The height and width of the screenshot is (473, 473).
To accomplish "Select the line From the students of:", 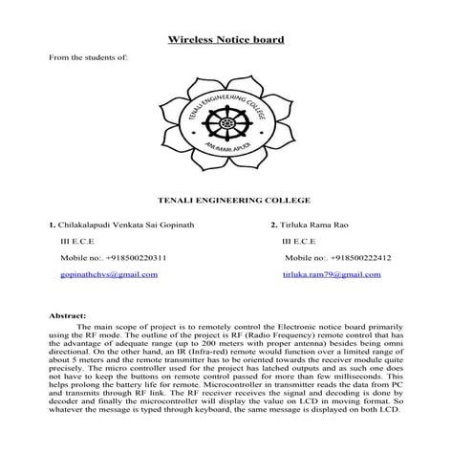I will pos(88,57).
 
